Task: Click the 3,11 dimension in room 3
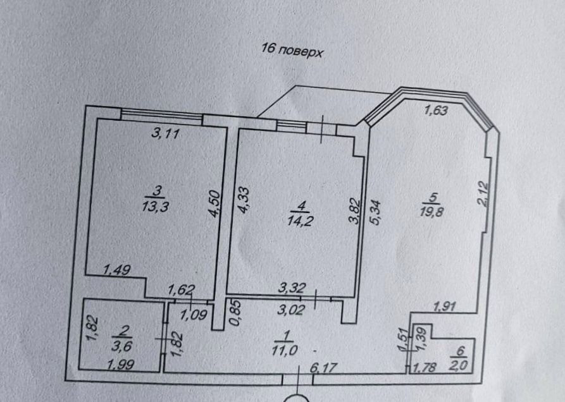[165, 133]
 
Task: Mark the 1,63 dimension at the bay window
[436, 111]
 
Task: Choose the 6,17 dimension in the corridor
[324, 366]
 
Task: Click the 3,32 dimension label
[292, 289]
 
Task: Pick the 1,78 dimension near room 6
[425, 366]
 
